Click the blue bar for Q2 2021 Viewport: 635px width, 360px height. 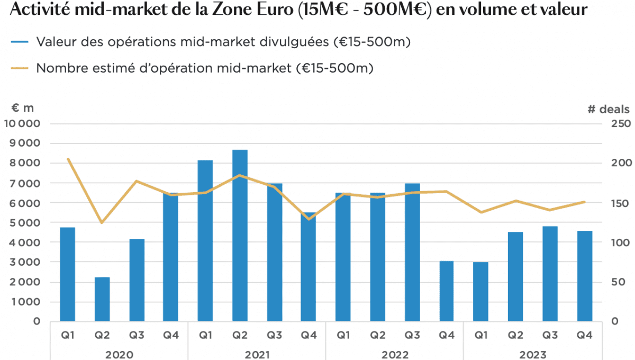pyautogui.click(x=240, y=236)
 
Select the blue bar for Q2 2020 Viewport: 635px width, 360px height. pyautogui.click(x=102, y=299)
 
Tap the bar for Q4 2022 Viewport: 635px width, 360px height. pyautogui.click(x=447, y=291)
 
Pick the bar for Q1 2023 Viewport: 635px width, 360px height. pyautogui.click(x=480, y=292)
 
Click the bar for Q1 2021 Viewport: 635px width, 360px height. pyautogui.click(x=205, y=241)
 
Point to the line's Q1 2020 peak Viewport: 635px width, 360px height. pyautogui.click(x=68, y=159)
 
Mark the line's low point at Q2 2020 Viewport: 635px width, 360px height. pyautogui.click(x=102, y=222)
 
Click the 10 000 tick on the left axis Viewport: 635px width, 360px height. pyautogui.click(x=22, y=124)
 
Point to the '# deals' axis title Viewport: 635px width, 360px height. pyautogui.click(x=608, y=110)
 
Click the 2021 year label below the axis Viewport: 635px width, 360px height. pyautogui.click(x=257, y=354)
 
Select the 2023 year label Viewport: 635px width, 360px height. pyautogui.click(x=532, y=354)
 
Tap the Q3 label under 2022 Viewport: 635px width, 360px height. pyautogui.click(x=412, y=335)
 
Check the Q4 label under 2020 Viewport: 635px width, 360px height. pyautogui.click(x=171, y=335)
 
